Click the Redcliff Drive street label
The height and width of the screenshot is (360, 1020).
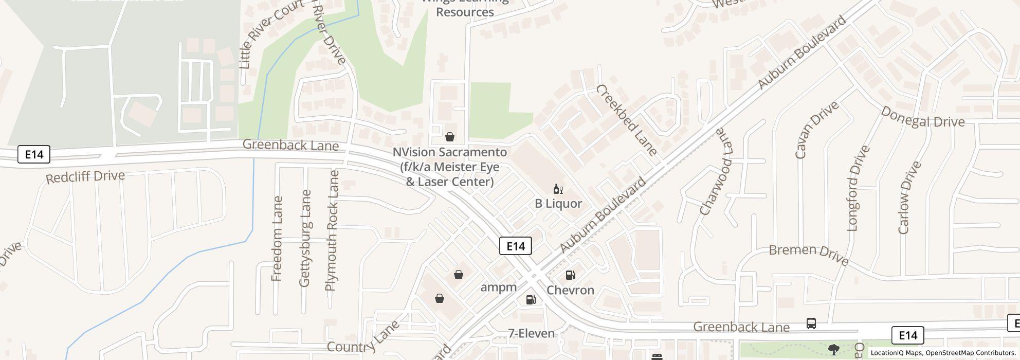click(x=85, y=177)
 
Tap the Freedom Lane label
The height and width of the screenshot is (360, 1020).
click(x=277, y=239)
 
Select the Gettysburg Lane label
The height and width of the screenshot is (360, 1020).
click(x=305, y=238)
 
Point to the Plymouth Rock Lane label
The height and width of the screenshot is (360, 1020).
click(x=332, y=231)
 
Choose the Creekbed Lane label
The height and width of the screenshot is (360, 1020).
click(x=626, y=120)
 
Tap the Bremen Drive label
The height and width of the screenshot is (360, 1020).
click(x=809, y=254)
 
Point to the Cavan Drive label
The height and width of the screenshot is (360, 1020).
click(x=816, y=130)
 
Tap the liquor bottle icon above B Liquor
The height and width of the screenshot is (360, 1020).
click(x=558, y=189)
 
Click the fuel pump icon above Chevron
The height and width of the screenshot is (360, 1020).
click(x=570, y=275)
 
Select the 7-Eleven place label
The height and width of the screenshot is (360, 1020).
click(x=532, y=334)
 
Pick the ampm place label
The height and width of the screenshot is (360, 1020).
click(x=498, y=287)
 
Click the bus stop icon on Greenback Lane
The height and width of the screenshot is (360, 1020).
click(x=811, y=323)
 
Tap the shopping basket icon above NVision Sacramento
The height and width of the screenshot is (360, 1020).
click(x=449, y=137)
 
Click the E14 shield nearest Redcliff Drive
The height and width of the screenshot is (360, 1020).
click(x=34, y=154)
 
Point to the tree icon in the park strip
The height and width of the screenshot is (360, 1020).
click(x=834, y=350)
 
